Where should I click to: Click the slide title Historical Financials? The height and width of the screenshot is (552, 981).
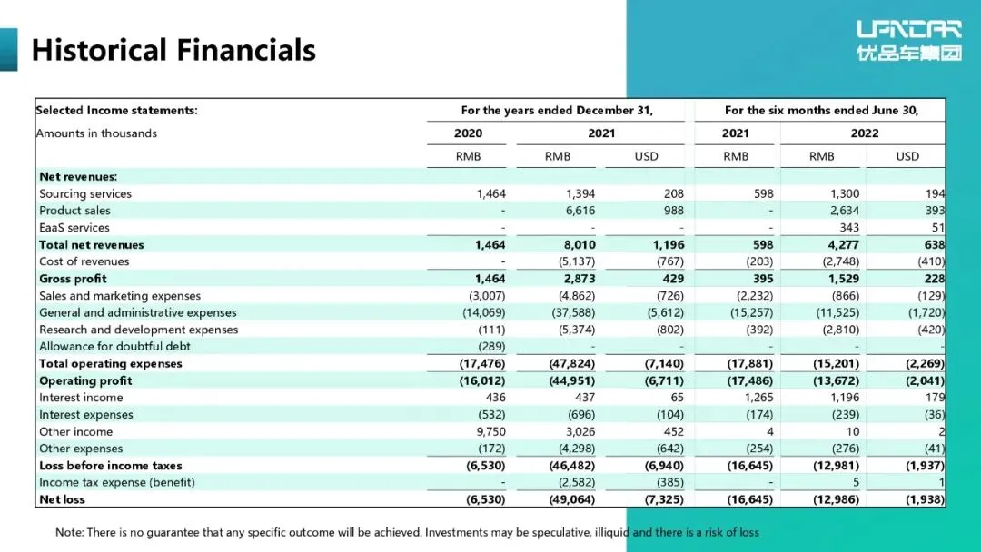pos(173,49)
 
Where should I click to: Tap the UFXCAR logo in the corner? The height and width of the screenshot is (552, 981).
pos(908,41)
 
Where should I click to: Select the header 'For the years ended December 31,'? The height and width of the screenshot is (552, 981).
pos(557,111)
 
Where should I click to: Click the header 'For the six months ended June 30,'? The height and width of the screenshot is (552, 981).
pos(821,111)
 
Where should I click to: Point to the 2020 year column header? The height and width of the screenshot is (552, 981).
pos(468,133)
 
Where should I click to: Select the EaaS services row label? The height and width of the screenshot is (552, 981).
pos(74,228)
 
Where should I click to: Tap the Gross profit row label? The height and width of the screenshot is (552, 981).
pos(73,279)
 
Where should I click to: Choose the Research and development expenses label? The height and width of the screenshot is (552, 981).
pos(138,330)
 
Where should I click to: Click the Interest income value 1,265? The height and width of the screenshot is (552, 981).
pos(758,398)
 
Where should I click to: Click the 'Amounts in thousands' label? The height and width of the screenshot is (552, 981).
pos(96,133)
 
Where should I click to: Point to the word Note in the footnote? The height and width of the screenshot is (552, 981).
pos(69,532)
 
